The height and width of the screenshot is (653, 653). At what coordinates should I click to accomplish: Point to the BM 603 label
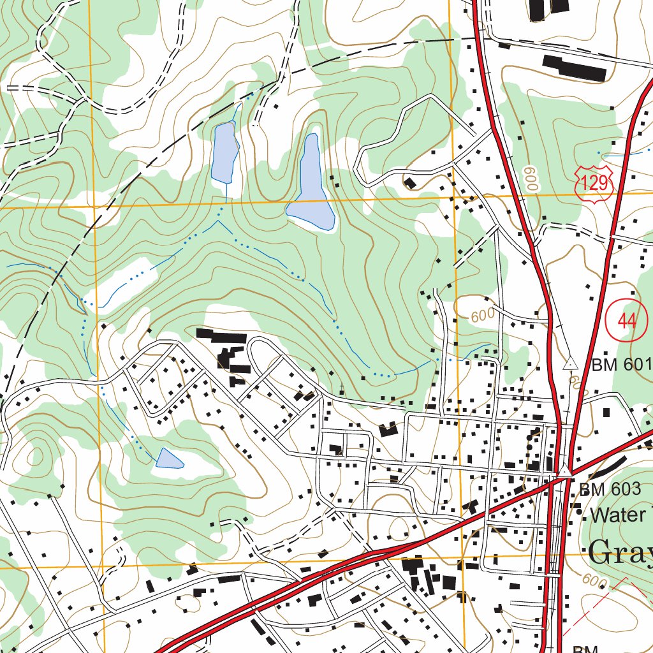point(609,489)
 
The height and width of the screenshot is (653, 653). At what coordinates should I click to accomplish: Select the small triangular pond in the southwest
point(168,459)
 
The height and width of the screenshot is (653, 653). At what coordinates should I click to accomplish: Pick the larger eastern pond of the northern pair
point(311,188)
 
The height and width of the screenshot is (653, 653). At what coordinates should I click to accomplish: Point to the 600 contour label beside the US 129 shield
point(531,179)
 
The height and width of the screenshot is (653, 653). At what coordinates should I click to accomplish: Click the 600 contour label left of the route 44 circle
point(483,316)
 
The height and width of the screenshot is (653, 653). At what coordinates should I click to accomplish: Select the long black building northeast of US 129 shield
point(574,68)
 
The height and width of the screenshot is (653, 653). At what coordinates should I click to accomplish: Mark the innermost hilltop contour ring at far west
point(34,456)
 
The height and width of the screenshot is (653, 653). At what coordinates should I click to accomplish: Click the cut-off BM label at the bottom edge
point(584,648)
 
